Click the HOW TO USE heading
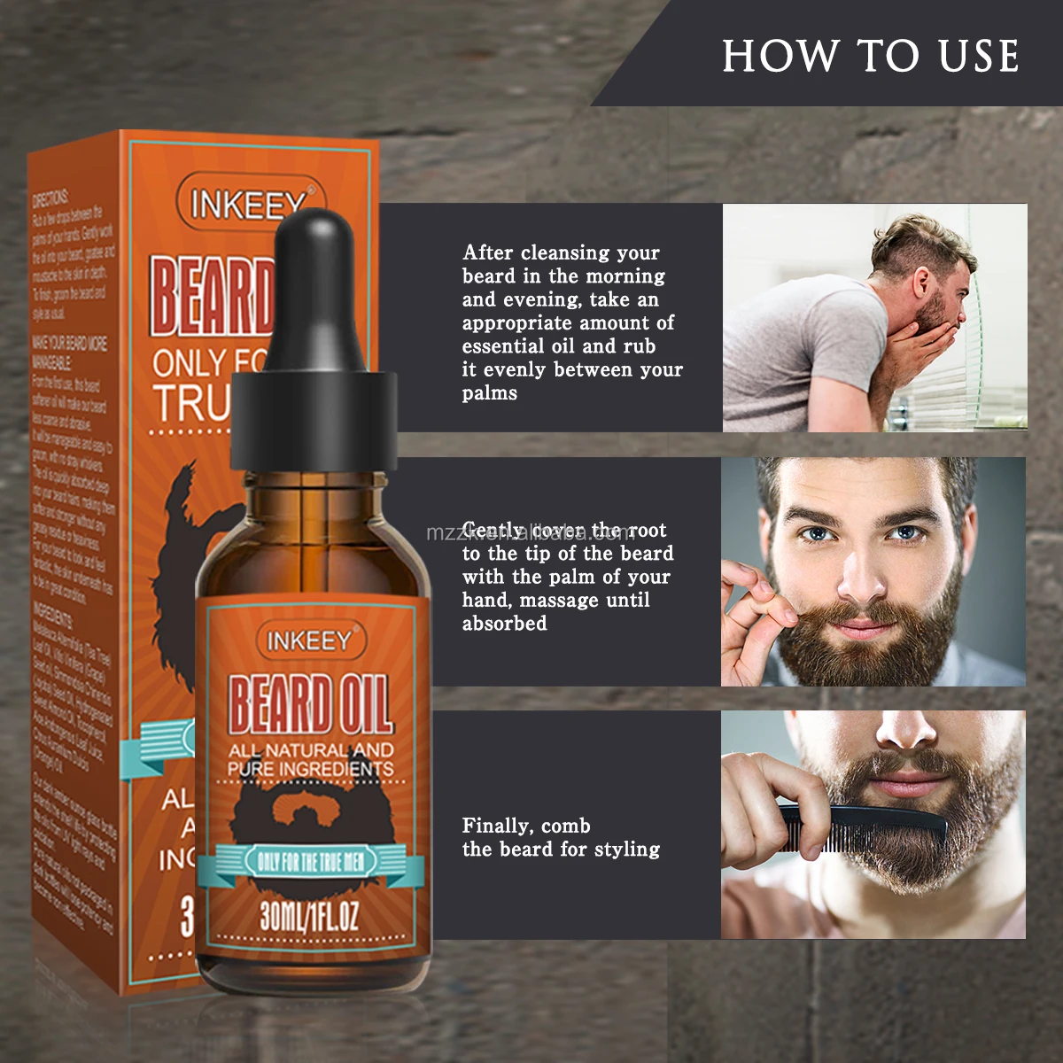click(x=870, y=56)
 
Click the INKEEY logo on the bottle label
click(x=309, y=640)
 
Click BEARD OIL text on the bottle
click(x=310, y=705)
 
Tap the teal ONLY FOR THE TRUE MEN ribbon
click(x=310, y=861)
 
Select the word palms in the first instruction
click(x=489, y=393)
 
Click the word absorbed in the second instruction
click(x=504, y=624)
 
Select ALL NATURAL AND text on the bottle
click(x=310, y=750)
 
